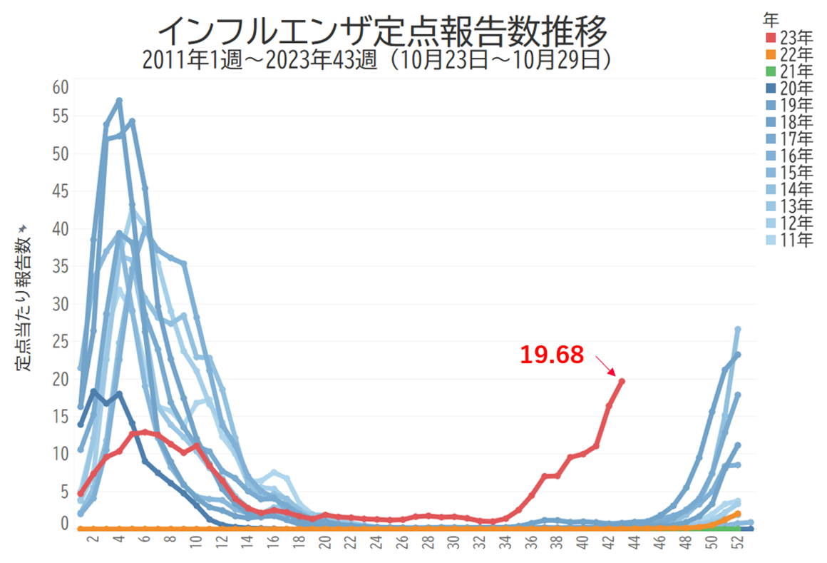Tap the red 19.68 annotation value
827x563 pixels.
(551, 355)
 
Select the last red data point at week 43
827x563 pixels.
(622, 381)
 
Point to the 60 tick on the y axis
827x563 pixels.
(60, 87)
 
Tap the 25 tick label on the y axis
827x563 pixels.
(60, 342)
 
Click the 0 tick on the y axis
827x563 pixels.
(64, 524)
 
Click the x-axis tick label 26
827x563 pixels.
(404, 544)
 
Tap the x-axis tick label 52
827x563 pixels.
(738, 544)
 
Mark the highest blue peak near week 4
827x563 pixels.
(119, 101)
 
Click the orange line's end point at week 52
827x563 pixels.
(737, 514)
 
